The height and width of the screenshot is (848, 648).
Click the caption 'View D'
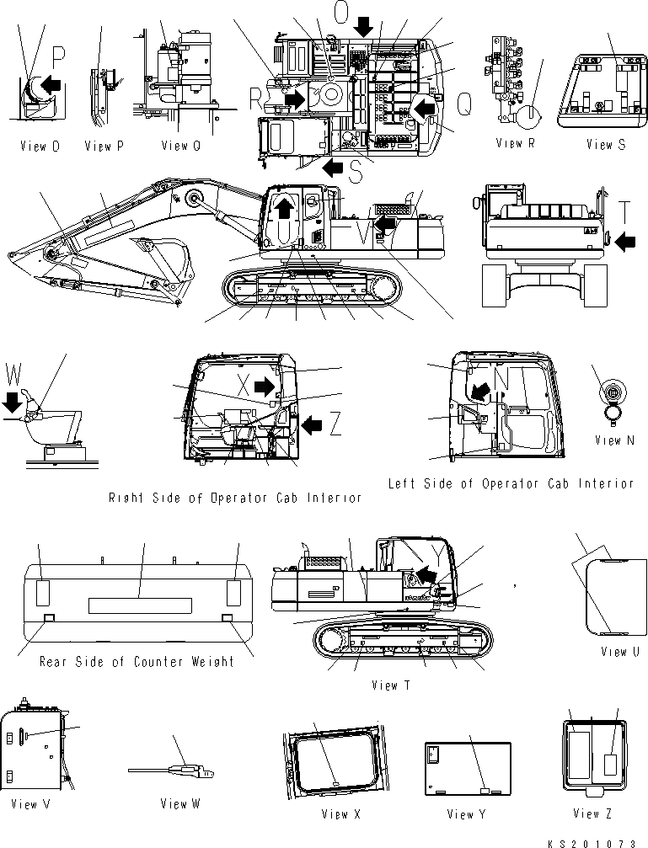coord(40,147)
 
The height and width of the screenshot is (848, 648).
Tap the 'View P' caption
coord(104,147)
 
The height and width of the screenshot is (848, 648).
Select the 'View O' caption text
coord(180,146)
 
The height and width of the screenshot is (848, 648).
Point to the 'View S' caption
coord(606,145)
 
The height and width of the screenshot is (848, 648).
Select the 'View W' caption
coord(179,803)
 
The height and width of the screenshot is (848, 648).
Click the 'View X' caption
coord(340,813)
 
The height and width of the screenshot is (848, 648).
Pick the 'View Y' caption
coord(460,813)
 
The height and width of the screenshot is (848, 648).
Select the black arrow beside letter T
coord(624,243)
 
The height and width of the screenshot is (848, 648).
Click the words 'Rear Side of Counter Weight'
coord(137,661)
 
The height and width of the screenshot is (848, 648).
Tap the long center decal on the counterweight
coord(139,605)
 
